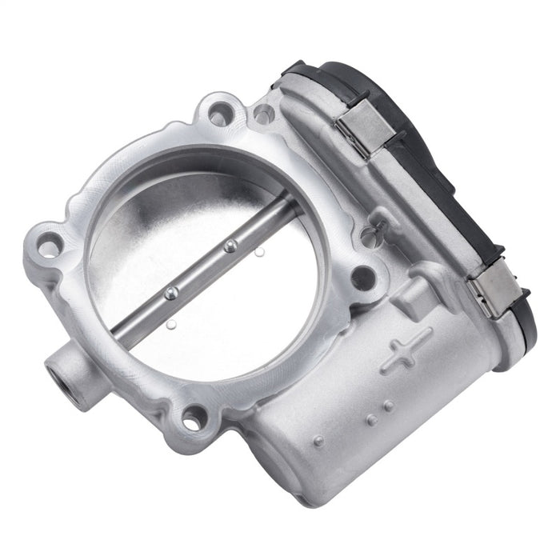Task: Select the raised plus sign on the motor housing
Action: point(406,350)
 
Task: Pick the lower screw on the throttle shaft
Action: point(170,294)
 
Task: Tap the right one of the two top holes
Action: point(263,114)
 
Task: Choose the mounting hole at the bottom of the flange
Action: point(194,417)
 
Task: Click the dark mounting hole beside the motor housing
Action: point(362,277)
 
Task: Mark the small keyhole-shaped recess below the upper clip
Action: point(370,235)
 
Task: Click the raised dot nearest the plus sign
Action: point(388,406)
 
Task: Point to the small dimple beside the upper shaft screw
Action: point(259,253)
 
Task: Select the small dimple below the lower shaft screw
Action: point(172,324)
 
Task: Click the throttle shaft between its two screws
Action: point(200,270)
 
